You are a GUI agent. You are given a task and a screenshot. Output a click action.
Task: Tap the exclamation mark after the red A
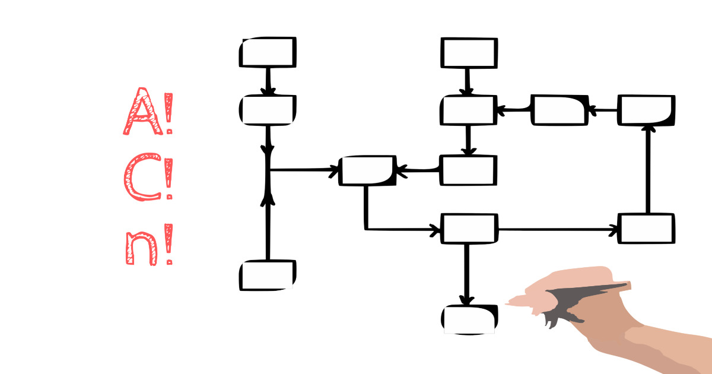point(169,113)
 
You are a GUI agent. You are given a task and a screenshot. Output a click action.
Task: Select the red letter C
point(143,177)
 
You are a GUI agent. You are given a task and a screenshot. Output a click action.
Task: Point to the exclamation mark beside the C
point(169,179)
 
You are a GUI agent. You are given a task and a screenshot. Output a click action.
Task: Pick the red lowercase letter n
point(142,248)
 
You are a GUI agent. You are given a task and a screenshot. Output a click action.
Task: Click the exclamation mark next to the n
point(169,244)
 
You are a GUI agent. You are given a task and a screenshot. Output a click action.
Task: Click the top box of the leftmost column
point(268,52)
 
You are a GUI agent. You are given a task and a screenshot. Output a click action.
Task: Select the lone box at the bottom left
point(268,275)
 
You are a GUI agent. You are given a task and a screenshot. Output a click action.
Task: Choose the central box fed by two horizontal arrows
point(367,170)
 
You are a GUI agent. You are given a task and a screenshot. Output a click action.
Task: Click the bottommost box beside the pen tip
point(469,319)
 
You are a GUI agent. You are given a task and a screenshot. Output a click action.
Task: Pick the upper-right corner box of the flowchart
point(646,110)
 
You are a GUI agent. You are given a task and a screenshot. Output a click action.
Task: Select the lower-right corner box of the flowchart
point(646,229)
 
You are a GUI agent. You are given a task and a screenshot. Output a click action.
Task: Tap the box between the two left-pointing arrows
point(560,110)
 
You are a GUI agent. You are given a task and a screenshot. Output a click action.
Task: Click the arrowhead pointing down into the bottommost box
point(466,300)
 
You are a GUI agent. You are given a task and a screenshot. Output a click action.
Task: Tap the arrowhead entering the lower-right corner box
point(613,230)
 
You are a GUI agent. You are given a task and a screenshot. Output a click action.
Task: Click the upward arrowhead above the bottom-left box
point(268,199)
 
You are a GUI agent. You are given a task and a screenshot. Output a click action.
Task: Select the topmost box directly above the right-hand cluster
point(469,53)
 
